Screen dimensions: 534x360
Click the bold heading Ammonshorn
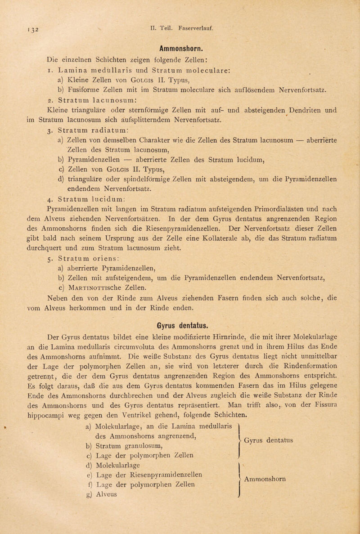pos(179,47)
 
